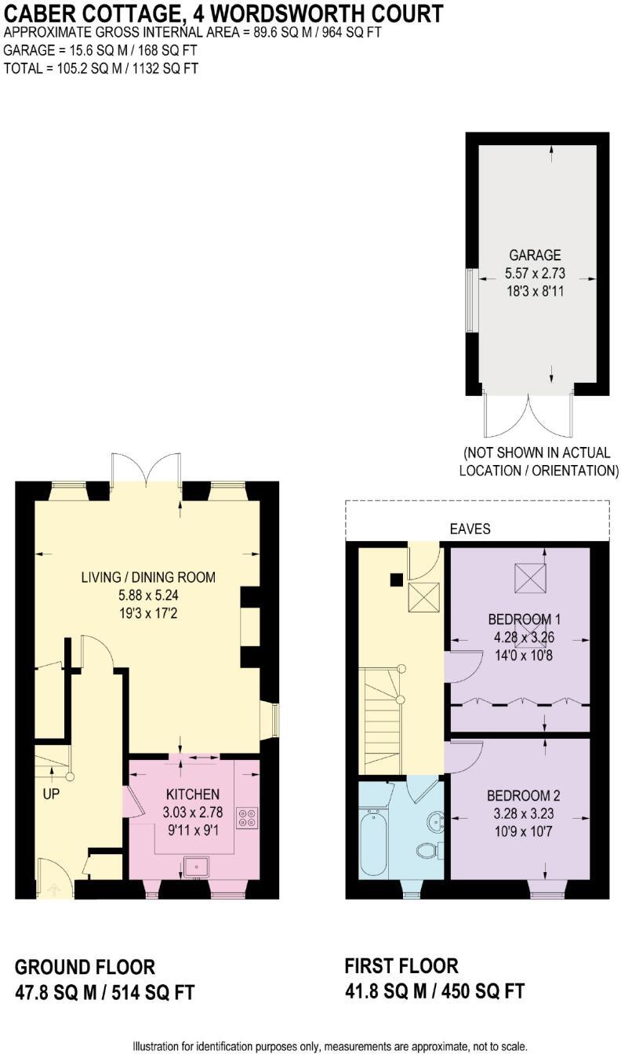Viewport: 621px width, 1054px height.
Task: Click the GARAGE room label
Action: [535, 255]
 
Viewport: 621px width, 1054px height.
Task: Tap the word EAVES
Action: [470, 529]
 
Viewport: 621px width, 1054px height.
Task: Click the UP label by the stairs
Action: [52, 793]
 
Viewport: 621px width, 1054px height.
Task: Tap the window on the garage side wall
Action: [470, 300]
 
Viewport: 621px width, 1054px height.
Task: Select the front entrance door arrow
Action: [55, 889]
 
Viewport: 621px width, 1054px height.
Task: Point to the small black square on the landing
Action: [397, 580]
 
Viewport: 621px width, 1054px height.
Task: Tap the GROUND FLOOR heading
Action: [85, 966]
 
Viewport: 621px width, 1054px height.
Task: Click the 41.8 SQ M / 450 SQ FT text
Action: [434, 991]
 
